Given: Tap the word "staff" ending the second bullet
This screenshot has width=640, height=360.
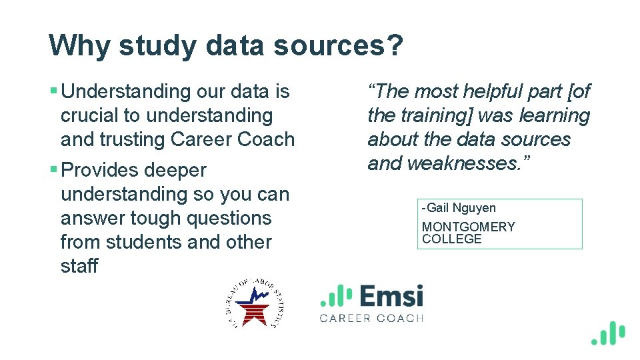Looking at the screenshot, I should tap(79, 266).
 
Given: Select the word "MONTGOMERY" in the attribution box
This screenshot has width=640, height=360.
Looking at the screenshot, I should tap(468, 227).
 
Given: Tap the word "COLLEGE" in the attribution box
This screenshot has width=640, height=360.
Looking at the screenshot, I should tap(451, 239).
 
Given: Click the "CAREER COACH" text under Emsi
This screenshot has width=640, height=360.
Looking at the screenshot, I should tap(371, 318).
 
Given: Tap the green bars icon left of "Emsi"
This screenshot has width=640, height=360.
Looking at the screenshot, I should tap(336, 296).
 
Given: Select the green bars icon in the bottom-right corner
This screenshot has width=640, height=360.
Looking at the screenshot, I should tap(607, 333).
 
